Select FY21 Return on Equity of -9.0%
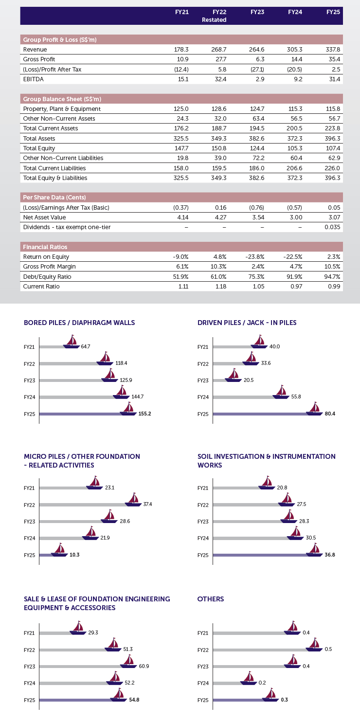(180, 256)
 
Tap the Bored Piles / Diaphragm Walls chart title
(79, 323)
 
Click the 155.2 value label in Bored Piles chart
(144, 414)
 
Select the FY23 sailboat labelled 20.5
(234, 376)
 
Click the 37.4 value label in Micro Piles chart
(147, 504)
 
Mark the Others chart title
(210, 599)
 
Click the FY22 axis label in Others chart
(203, 650)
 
